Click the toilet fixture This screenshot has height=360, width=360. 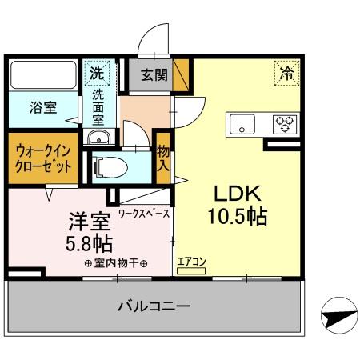coord(110,167)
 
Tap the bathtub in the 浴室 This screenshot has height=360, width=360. coord(43,75)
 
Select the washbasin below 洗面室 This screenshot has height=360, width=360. coord(99,138)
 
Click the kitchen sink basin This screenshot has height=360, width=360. coord(242,125)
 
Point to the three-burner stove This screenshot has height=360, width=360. coord(285,125)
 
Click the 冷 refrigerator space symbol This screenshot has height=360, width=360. coord(287,73)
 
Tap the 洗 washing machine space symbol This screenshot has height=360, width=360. coord(96,73)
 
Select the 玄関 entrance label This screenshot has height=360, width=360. coord(154,75)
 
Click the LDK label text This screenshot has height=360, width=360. coord(238,194)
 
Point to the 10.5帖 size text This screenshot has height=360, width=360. coord(238,216)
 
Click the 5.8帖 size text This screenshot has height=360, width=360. coord(89,244)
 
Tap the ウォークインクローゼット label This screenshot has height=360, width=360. coord(43,159)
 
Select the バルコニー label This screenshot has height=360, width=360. coord(154,306)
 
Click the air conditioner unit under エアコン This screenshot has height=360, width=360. coord(191,271)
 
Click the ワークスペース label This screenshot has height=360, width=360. coord(144,214)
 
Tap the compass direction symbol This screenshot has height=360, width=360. coord(339,315)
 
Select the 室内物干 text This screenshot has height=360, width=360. coord(116,264)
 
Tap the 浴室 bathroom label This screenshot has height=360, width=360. coord(43,108)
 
